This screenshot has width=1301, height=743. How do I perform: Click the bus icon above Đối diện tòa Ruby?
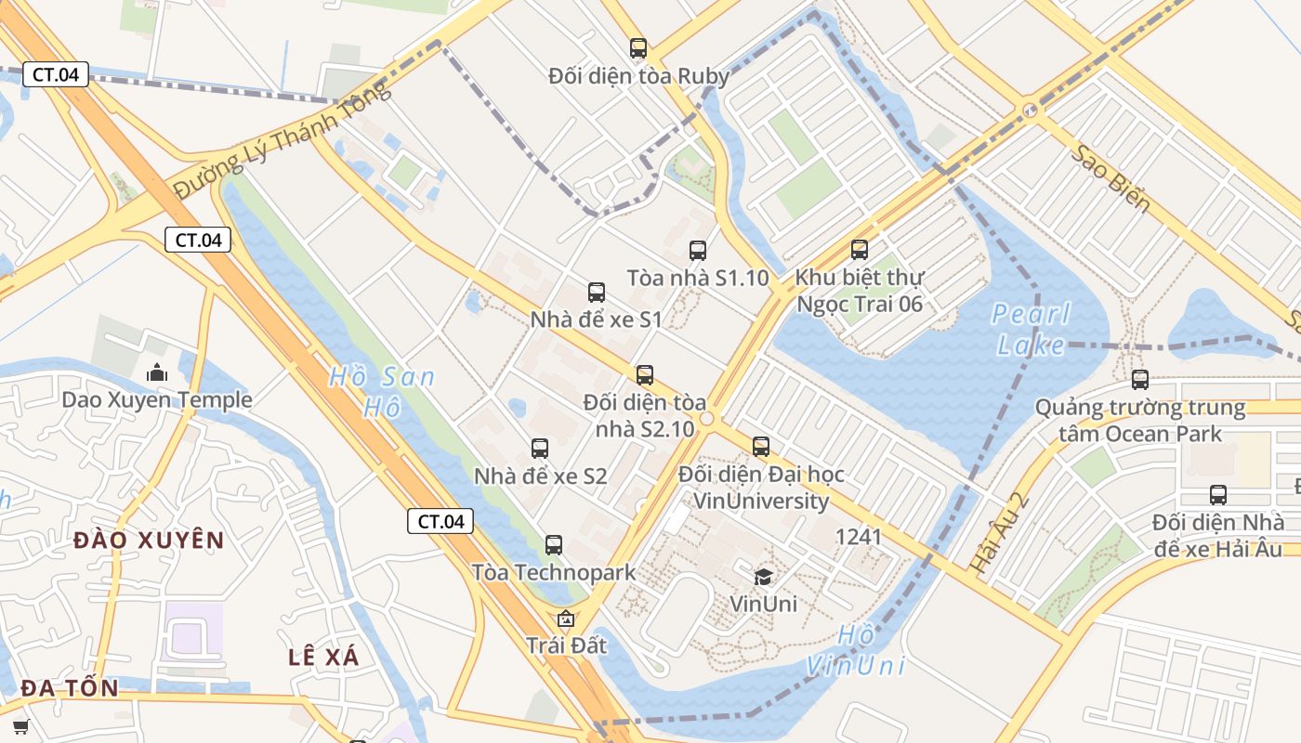pos(637,48)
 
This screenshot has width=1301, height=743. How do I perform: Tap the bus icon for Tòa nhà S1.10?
pos(697,250)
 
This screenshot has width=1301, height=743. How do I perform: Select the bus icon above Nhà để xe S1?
pos(597,293)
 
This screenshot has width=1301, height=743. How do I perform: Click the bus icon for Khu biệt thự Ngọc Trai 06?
pos(860,249)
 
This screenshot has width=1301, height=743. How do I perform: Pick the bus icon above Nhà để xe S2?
pos(540,449)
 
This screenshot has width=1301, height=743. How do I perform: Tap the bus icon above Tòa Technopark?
pos(554,545)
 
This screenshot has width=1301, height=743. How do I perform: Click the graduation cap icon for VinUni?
pos(763,577)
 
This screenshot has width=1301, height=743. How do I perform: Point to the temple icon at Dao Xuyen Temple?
pos(157,372)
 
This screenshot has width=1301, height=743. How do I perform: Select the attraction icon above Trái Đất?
pos(565,618)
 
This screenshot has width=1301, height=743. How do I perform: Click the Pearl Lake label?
pos(1031,330)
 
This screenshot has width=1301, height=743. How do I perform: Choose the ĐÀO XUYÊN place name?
pos(149,540)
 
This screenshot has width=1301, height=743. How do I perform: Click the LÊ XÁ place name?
pos(323,657)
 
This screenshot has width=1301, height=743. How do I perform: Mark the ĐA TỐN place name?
pos(70,688)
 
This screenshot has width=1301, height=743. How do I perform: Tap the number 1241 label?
pos(859,536)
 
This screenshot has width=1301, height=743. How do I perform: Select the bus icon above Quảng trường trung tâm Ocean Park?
pos(1140,379)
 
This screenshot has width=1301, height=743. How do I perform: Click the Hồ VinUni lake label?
pos(855,650)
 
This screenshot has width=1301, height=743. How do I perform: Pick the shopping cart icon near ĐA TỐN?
pos(20,726)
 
